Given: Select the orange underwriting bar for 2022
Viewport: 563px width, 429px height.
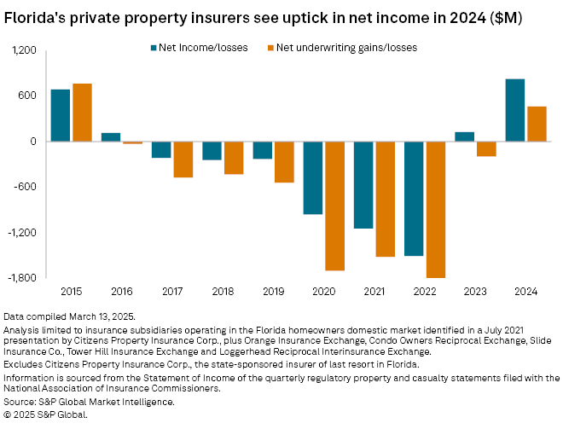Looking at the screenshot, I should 436,209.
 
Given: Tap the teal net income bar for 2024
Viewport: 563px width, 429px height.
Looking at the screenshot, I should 515,110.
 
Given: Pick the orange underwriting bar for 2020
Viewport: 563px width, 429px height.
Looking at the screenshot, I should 334,206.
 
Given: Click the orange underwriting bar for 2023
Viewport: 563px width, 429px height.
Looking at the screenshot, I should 486,149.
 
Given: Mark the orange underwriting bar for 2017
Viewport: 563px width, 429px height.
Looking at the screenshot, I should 183,159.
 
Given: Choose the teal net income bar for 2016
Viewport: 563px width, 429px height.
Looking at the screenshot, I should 111,137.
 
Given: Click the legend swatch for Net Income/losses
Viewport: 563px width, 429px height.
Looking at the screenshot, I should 152,48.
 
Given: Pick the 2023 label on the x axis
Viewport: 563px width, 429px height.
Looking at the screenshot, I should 476,292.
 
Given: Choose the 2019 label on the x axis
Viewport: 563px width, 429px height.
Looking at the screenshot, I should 274,292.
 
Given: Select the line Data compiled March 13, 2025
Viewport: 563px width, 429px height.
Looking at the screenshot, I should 69,316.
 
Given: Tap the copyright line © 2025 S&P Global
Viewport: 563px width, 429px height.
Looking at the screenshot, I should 46,414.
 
